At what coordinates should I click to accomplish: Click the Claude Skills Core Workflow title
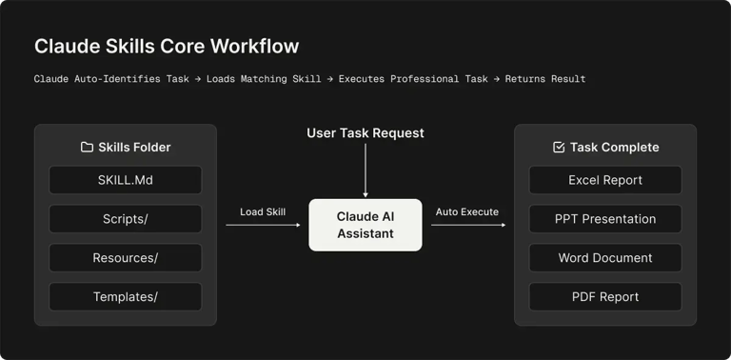(x=167, y=46)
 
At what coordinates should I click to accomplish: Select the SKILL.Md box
(x=126, y=180)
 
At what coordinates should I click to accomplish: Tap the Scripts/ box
(x=126, y=219)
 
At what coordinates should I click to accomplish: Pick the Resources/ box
(x=126, y=258)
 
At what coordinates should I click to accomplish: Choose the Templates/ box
(x=126, y=297)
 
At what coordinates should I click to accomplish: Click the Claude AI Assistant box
(x=365, y=225)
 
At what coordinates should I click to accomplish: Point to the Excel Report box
(x=605, y=180)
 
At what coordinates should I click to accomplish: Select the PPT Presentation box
(x=605, y=219)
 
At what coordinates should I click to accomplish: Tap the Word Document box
(x=605, y=258)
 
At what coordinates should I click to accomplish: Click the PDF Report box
(x=605, y=297)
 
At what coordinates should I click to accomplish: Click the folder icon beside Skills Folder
(x=87, y=148)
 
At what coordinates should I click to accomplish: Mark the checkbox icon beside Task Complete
(x=559, y=148)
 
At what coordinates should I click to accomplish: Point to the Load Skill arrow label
(x=263, y=211)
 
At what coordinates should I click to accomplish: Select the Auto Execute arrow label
(x=467, y=211)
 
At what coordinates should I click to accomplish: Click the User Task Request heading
(x=365, y=133)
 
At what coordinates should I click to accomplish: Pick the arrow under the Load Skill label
(x=263, y=226)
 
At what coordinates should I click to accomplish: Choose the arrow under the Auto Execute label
(x=468, y=226)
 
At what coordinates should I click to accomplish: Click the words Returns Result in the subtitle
(x=545, y=79)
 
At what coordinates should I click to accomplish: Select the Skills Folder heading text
(x=134, y=148)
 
